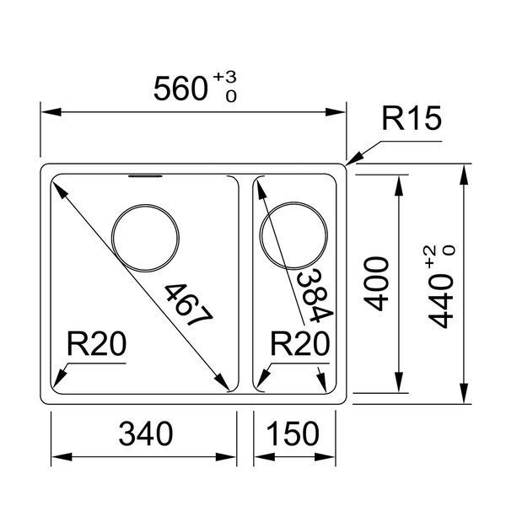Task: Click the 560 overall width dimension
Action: click(180, 89)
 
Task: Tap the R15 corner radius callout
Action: click(412, 118)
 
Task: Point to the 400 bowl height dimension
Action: click(376, 284)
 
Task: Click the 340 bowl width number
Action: click(146, 433)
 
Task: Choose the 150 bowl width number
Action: click(293, 433)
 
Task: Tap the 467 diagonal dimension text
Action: click(189, 304)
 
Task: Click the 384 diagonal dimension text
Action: click(315, 296)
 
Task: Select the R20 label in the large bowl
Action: click(96, 344)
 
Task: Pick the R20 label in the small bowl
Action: click(299, 344)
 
